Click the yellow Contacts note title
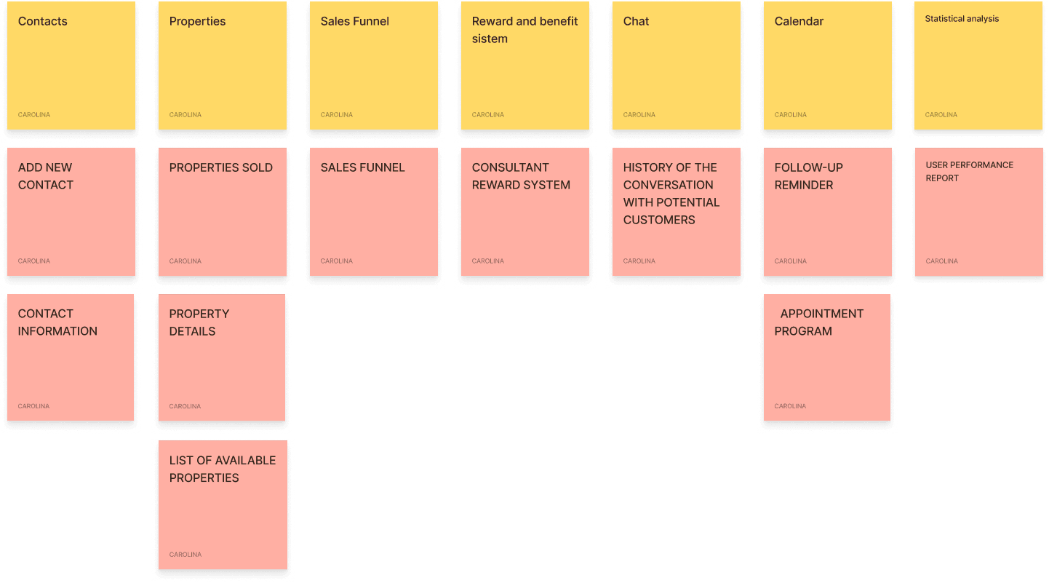[x=43, y=21]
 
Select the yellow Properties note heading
[x=197, y=22]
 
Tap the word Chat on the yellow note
[x=636, y=21]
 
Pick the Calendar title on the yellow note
[x=799, y=21]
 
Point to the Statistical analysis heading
[x=962, y=19]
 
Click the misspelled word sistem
[x=490, y=39]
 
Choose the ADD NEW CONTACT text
[x=45, y=176]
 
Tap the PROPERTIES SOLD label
[x=220, y=168]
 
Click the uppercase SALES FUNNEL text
[x=362, y=168]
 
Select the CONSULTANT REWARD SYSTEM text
[x=521, y=176]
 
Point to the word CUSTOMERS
[x=658, y=220]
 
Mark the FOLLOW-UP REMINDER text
[x=808, y=176]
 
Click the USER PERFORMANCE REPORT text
[x=969, y=172]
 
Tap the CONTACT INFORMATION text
[x=57, y=322]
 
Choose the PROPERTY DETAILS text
[x=199, y=322]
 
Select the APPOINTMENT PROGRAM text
[x=818, y=322]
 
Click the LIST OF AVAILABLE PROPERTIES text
[x=223, y=469]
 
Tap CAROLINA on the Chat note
[x=639, y=115]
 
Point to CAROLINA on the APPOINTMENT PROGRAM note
[x=790, y=406]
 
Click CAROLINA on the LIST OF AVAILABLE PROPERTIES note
[x=185, y=555]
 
